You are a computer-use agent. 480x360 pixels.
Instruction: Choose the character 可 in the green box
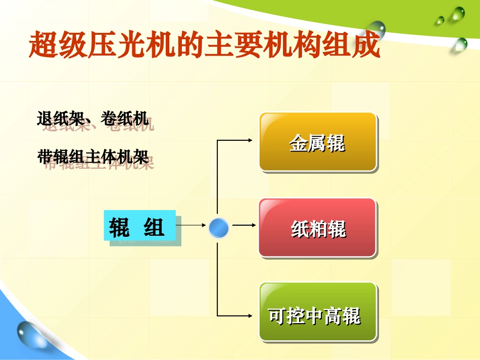coord(278,316)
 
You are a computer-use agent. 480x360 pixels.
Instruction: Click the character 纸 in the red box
coord(300,230)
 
